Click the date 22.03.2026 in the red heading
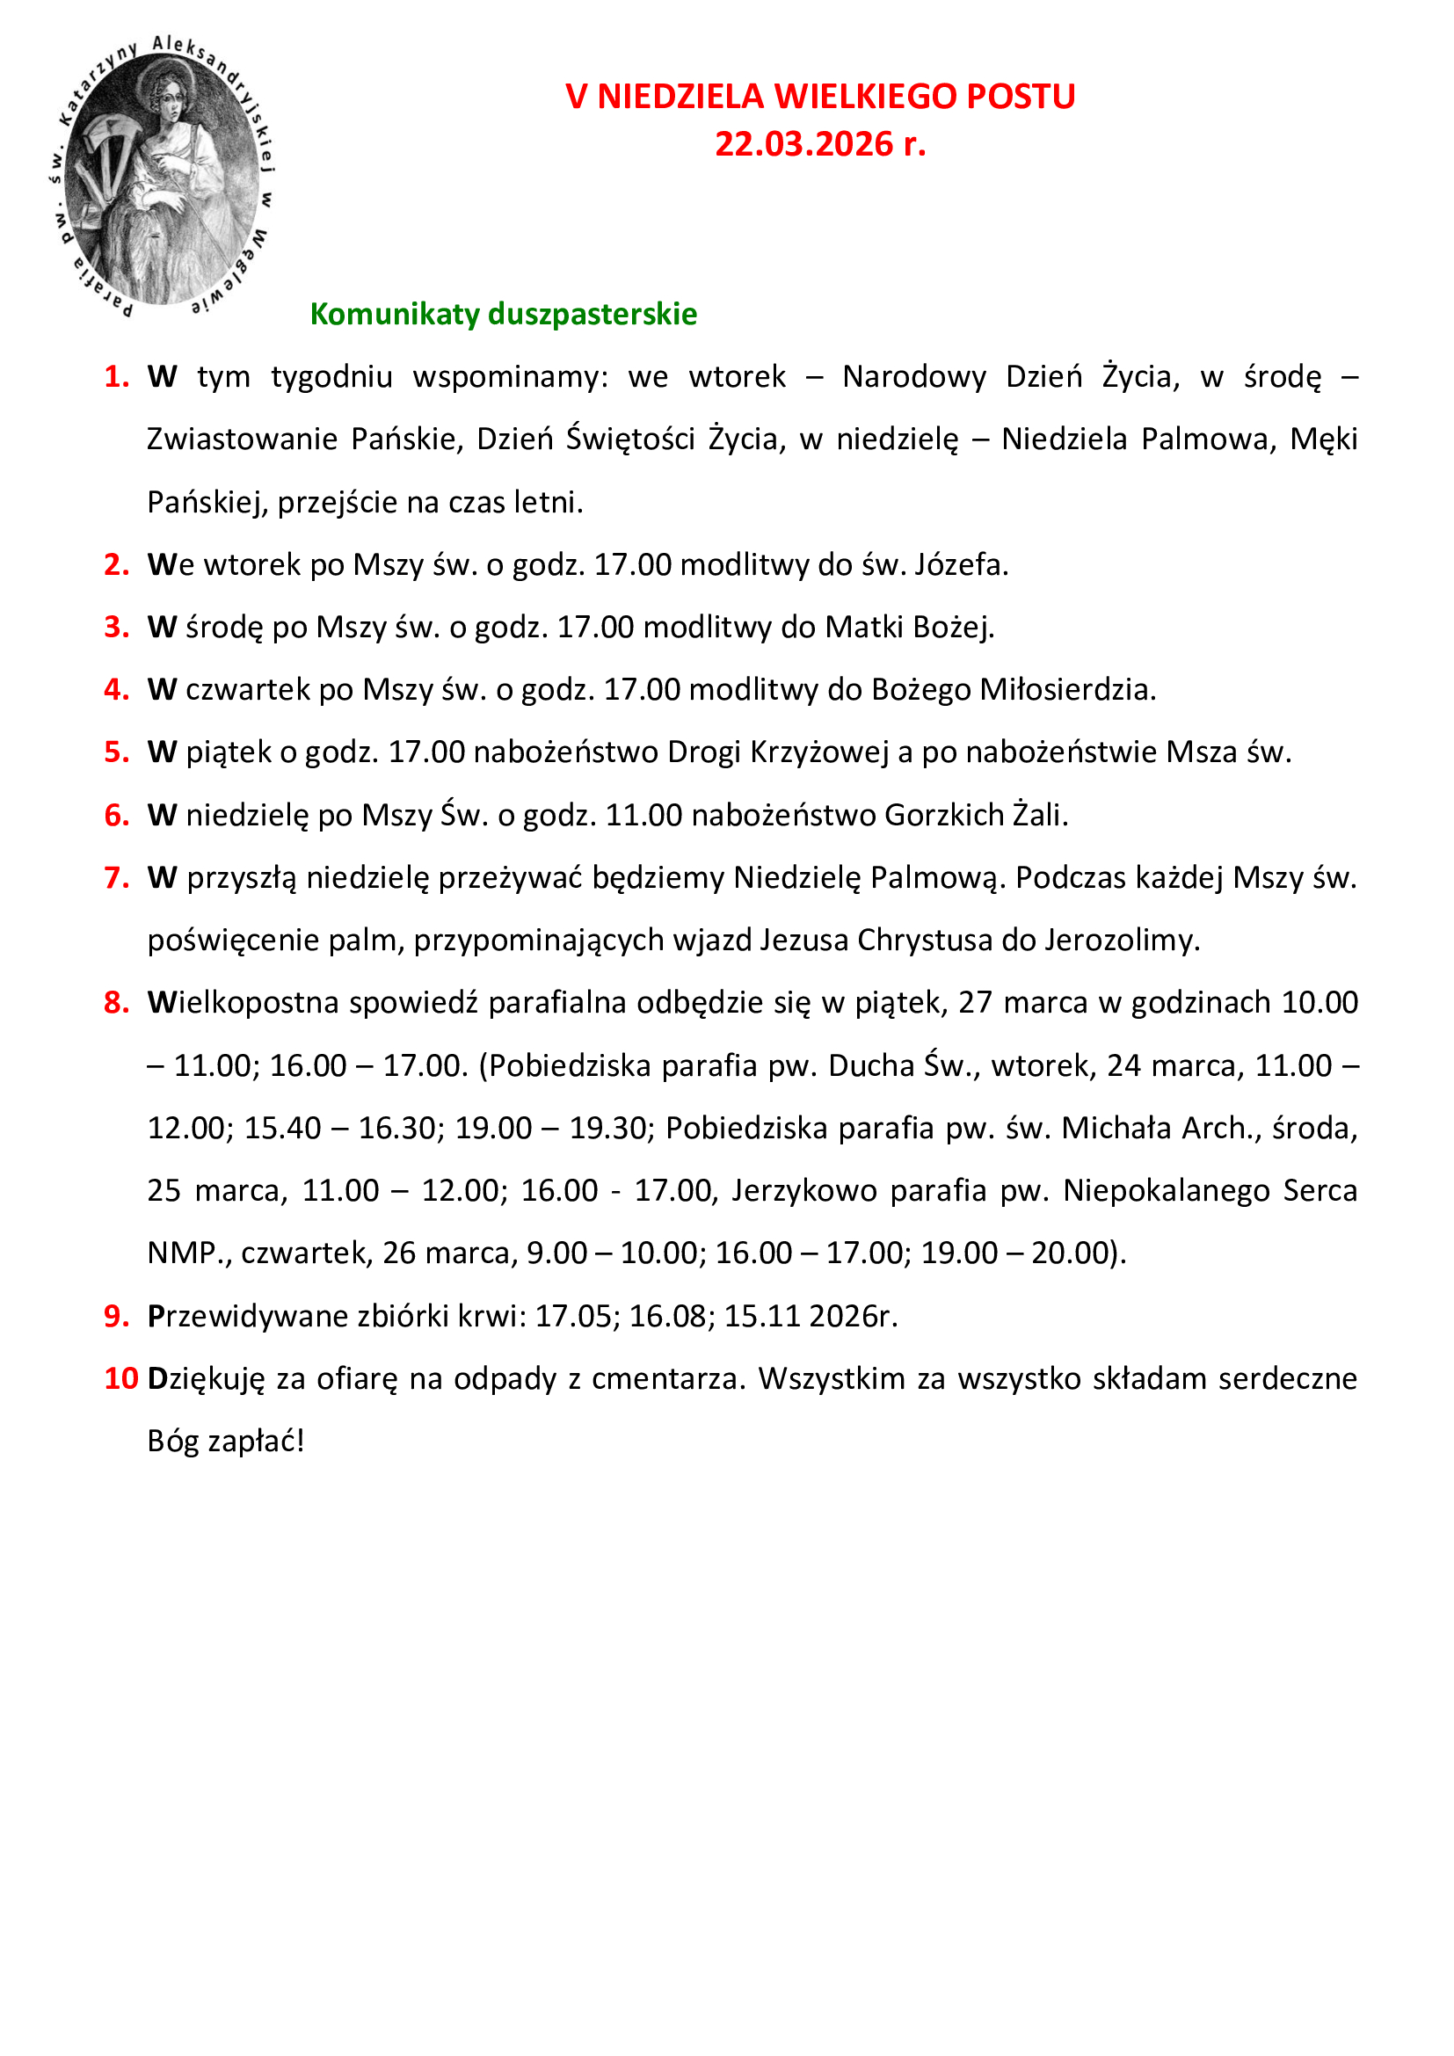click(x=803, y=144)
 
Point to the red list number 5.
click(x=116, y=752)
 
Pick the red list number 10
click(x=120, y=1378)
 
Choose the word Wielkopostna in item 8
click(x=244, y=1003)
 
